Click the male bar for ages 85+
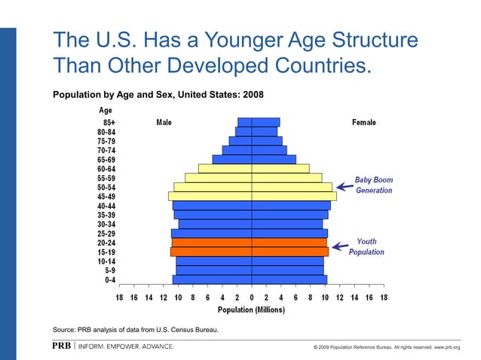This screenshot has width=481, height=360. click(x=244, y=122)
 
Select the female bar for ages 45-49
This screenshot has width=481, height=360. click(x=294, y=196)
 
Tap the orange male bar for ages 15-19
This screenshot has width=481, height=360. click(x=211, y=252)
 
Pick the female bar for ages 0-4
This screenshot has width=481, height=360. click(x=289, y=279)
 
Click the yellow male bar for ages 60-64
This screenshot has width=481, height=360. click(x=225, y=168)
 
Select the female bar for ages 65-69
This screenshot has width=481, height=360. click(x=274, y=159)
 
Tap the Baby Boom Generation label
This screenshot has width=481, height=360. click(x=374, y=185)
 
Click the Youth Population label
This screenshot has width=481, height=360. click(x=366, y=247)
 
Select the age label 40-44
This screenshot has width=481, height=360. click(x=102, y=206)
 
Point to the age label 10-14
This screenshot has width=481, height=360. click(x=102, y=261)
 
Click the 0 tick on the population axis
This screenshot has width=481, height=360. click(x=252, y=297)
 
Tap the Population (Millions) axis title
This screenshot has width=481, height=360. click(x=251, y=310)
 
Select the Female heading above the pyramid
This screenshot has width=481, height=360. click(x=363, y=123)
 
